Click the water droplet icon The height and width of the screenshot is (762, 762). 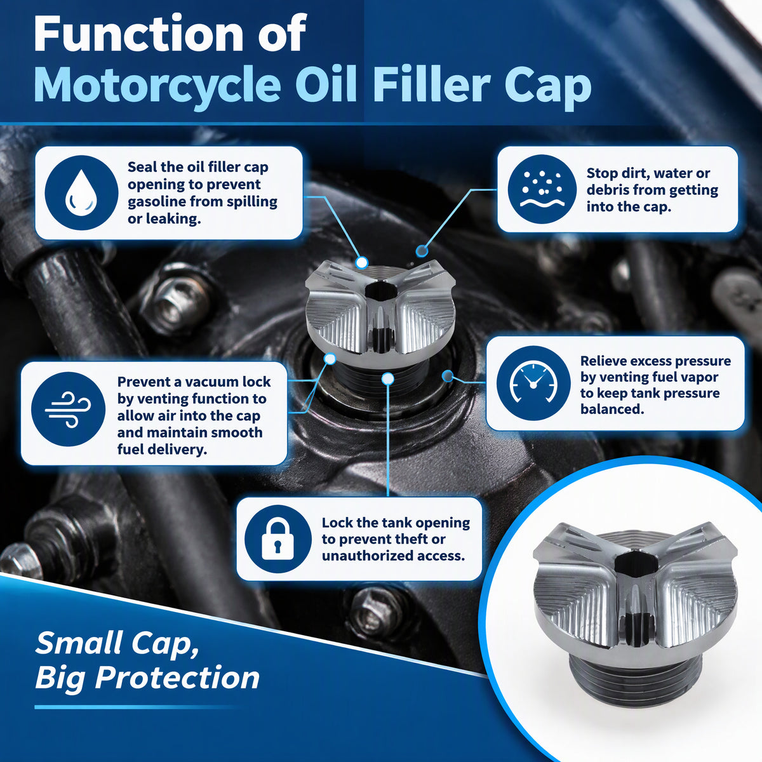[x=81, y=192]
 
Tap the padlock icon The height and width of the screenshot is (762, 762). [x=277, y=539]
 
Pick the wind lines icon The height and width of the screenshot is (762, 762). [x=68, y=410]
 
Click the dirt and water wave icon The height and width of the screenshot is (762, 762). [x=542, y=189]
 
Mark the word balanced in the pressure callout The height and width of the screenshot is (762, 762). [x=612, y=410]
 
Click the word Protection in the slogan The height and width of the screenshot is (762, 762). [x=177, y=677]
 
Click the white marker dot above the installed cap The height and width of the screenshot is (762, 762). [x=361, y=262]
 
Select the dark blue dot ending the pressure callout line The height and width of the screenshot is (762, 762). [x=448, y=376]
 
